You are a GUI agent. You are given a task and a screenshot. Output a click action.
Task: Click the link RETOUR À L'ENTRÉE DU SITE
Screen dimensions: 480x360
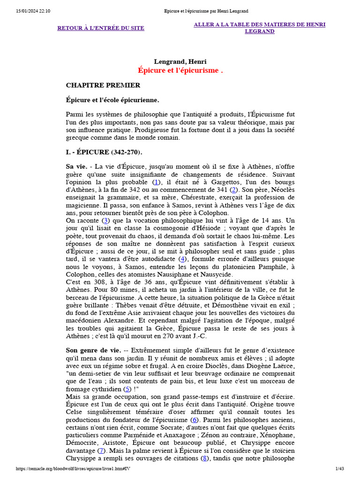101,28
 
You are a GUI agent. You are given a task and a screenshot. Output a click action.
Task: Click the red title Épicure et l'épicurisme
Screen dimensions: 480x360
180,70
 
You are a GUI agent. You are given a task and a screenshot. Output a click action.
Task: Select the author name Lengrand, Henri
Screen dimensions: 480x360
180,61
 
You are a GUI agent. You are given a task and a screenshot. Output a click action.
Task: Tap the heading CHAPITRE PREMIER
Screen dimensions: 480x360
103,85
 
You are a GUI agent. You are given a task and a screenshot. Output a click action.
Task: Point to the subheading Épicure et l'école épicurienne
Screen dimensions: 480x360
112,100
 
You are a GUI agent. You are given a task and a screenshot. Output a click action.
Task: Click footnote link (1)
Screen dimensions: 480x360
157,182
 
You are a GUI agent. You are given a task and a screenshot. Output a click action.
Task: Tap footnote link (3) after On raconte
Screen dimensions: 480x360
106,220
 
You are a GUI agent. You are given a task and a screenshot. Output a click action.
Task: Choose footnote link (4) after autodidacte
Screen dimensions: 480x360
183,258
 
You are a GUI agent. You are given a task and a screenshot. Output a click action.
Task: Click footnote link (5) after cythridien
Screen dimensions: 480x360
127,389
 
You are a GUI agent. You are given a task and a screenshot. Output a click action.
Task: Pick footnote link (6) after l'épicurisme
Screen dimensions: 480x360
194,419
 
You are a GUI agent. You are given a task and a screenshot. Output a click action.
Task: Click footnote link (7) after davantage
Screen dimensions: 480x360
101,450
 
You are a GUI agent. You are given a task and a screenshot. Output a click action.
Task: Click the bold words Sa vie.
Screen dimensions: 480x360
77,166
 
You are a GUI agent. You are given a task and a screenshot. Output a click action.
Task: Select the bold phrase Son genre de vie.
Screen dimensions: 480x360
93,350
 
